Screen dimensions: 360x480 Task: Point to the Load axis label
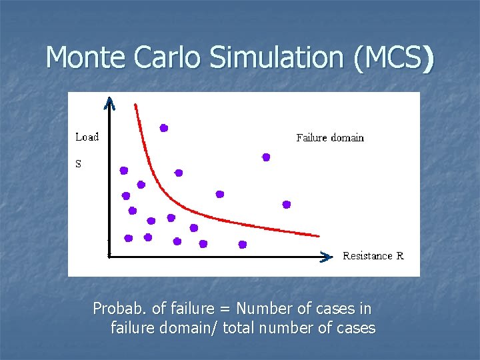(x=87, y=137)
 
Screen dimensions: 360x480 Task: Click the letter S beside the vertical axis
(x=79, y=164)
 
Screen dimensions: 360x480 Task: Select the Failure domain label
(x=330, y=138)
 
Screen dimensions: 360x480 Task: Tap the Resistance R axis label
(x=373, y=256)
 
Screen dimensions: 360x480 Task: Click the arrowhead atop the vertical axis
(x=110, y=103)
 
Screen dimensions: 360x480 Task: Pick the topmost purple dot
(x=163, y=128)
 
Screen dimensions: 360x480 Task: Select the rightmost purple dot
(x=287, y=205)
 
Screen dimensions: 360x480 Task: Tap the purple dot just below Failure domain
(x=266, y=157)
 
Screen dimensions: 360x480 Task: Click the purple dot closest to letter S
(x=123, y=171)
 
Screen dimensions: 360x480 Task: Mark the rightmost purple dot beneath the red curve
(x=243, y=245)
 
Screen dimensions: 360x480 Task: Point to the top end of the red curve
(x=135, y=105)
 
